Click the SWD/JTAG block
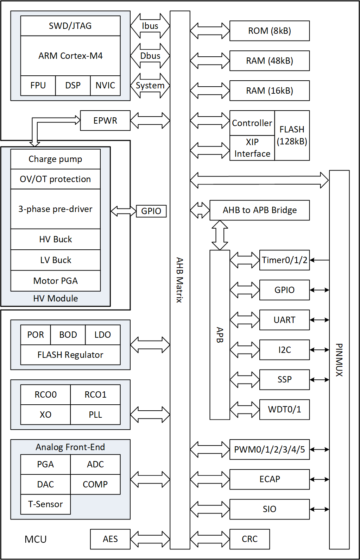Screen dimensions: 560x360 click(x=70, y=26)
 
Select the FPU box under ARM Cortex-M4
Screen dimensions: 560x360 click(x=38, y=86)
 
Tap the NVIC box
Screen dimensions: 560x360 click(x=105, y=86)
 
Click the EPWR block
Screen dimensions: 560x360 click(x=105, y=120)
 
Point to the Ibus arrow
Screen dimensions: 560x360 click(x=150, y=26)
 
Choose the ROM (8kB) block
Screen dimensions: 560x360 click(x=270, y=31)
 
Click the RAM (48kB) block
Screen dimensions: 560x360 click(x=270, y=61)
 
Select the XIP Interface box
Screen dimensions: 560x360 click(x=252, y=148)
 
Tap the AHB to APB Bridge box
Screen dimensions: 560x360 click(x=260, y=210)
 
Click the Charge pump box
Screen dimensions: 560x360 click(x=56, y=159)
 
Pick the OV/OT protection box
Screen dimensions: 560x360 click(x=56, y=179)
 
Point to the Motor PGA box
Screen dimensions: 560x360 click(x=56, y=281)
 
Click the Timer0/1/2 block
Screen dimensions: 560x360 click(x=284, y=260)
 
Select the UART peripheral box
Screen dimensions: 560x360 click(x=284, y=320)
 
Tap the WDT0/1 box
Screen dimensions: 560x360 click(x=284, y=410)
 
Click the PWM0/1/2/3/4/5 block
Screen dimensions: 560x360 click(x=270, y=450)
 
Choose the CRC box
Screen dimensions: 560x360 click(x=250, y=539)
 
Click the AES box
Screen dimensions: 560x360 click(x=110, y=539)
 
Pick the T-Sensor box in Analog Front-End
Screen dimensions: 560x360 click(x=45, y=504)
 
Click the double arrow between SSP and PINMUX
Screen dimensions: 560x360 click(x=320, y=380)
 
